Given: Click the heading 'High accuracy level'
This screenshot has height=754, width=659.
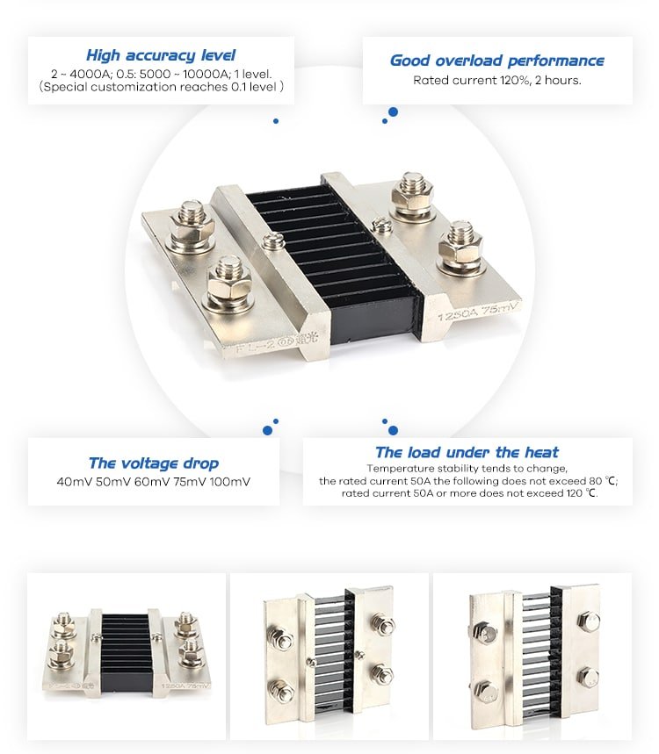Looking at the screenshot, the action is click(161, 54).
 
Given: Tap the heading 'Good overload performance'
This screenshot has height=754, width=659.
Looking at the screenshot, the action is click(496, 61).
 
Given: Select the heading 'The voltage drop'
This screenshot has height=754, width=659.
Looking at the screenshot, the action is click(154, 463).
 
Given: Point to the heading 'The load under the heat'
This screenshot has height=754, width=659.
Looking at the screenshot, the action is click(467, 452).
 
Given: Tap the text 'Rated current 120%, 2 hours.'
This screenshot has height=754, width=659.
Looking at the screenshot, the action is click(497, 80).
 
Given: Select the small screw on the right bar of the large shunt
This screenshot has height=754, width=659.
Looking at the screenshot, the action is click(381, 225).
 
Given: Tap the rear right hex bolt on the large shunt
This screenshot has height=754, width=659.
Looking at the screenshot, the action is click(412, 194).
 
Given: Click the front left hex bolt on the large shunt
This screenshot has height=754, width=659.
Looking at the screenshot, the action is click(230, 284).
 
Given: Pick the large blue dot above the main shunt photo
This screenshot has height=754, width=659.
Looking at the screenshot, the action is click(394, 112).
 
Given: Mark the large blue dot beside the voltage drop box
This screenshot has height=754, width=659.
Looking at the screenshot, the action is click(268, 430).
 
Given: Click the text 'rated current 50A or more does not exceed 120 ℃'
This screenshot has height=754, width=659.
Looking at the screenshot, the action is click(470, 493).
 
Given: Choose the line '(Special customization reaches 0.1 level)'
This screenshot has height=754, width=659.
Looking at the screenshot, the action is click(162, 87).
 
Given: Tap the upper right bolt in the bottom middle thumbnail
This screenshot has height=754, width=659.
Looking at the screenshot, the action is click(384, 625).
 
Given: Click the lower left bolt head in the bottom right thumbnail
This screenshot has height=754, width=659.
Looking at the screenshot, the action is click(486, 693).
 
